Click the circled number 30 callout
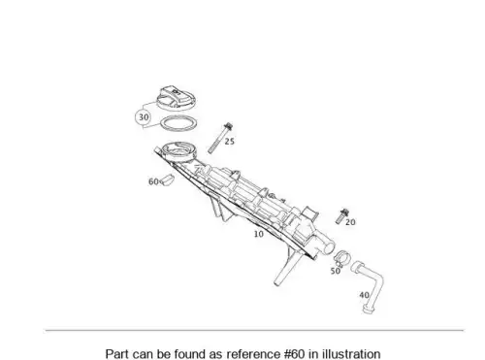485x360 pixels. (144, 117)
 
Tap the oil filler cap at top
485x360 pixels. (176, 98)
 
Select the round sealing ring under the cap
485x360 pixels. (179, 124)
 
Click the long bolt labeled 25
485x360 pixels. (219, 138)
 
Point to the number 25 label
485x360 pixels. (230, 142)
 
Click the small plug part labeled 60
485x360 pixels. (168, 180)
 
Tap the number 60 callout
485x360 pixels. (153, 181)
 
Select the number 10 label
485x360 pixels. (259, 234)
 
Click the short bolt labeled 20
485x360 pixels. (341, 216)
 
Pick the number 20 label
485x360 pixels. (350, 222)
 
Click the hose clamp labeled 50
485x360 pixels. (341, 257)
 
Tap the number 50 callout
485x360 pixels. (336, 271)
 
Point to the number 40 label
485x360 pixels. (365, 295)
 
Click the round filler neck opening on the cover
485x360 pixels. (178, 150)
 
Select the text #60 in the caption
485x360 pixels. (295, 353)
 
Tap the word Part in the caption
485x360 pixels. (117, 353)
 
